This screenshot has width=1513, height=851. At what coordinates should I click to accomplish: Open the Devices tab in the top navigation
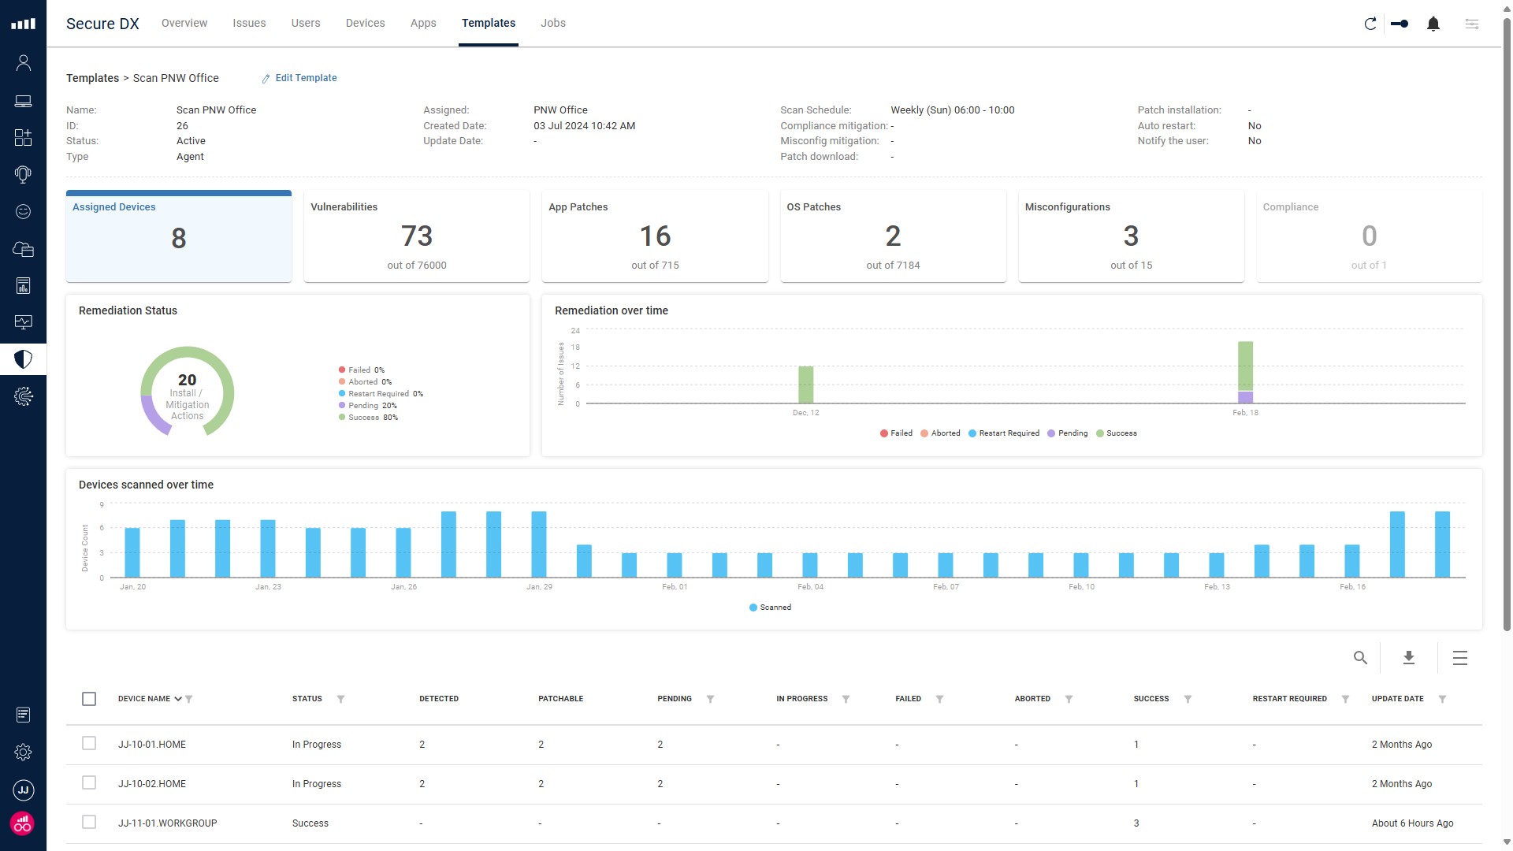(x=365, y=23)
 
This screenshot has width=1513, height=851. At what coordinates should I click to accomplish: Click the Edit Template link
(x=305, y=78)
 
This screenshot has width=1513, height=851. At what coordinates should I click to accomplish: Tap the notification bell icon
(x=1433, y=24)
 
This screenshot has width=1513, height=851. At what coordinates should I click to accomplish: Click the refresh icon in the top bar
(x=1370, y=24)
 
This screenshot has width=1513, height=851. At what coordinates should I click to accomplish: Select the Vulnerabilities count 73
(x=416, y=236)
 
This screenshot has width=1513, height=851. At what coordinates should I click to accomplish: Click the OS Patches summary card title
(x=813, y=207)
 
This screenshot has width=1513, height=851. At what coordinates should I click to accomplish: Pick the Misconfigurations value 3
(x=1131, y=236)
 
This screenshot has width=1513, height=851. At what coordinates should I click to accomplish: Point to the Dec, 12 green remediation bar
(x=805, y=385)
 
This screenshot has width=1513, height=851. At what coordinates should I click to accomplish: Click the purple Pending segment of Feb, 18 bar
(x=1245, y=397)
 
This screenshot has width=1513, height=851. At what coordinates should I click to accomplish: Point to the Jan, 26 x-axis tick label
(x=403, y=587)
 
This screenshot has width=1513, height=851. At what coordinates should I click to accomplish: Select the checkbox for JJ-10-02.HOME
(x=89, y=783)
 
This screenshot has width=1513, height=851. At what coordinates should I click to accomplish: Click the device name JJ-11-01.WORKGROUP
(x=167, y=823)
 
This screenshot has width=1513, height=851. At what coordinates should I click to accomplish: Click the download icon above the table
(x=1409, y=658)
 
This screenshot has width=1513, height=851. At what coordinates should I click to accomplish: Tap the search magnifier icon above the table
(x=1360, y=658)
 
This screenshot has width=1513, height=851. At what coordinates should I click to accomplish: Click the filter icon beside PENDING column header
(x=710, y=699)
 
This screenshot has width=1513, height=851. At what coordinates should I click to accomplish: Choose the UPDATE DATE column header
(x=1397, y=699)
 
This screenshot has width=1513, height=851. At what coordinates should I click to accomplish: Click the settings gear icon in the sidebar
(x=23, y=753)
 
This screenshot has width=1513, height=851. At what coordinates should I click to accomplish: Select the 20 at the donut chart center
(x=187, y=380)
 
